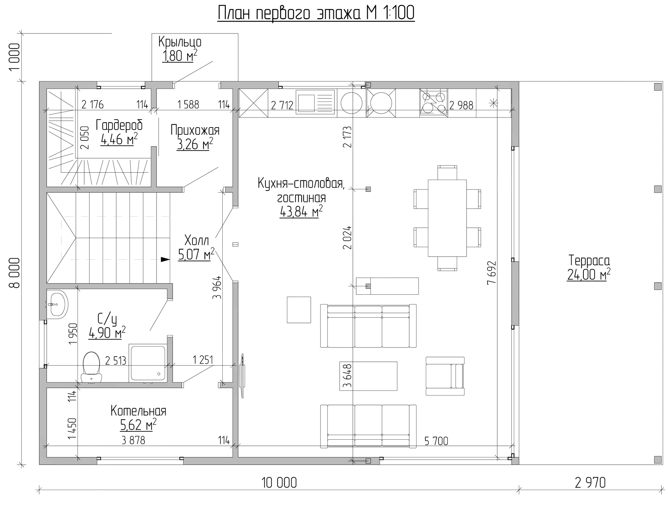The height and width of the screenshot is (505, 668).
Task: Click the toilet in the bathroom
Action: [92, 368]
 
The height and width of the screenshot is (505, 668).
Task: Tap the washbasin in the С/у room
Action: [57, 304]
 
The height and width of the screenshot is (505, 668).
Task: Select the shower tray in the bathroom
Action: [148, 363]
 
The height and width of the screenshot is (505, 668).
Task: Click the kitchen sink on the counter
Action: [316, 102]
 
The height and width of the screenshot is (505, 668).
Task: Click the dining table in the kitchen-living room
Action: [447, 218]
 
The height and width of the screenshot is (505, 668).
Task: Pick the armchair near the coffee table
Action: [445, 376]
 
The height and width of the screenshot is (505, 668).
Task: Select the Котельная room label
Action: [138, 411]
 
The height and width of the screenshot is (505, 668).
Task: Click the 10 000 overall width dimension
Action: [279, 483]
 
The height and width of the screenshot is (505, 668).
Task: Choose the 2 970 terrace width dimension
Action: [590, 483]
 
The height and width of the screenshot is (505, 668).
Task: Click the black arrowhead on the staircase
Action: [165, 259]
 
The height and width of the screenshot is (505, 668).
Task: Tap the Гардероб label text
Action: [119, 125]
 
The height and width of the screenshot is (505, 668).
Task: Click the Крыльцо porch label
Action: [180, 42]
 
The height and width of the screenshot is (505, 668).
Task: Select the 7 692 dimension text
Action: [491, 273]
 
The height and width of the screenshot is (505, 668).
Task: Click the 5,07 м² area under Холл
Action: [196, 254]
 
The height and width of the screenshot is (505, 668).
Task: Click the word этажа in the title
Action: [338, 14]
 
